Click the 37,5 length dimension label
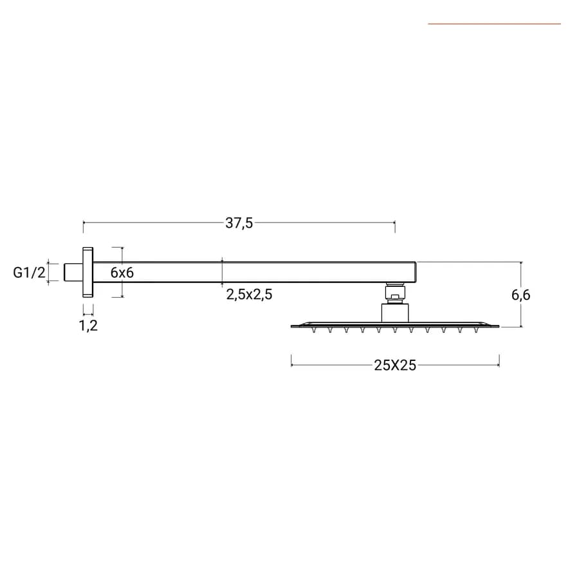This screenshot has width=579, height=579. tap(239, 223)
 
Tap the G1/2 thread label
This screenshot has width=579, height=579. tap(29, 273)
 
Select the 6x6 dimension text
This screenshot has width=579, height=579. tap(122, 273)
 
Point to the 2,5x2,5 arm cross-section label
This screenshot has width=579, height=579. tap(249, 294)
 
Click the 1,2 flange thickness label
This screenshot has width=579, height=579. tap(88, 326)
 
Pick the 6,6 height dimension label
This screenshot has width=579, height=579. tap(520, 295)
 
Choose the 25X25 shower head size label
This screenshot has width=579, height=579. tap(395, 365)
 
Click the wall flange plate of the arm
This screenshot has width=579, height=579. tap(88, 272)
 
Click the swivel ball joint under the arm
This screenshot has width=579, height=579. tap(395, 293)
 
